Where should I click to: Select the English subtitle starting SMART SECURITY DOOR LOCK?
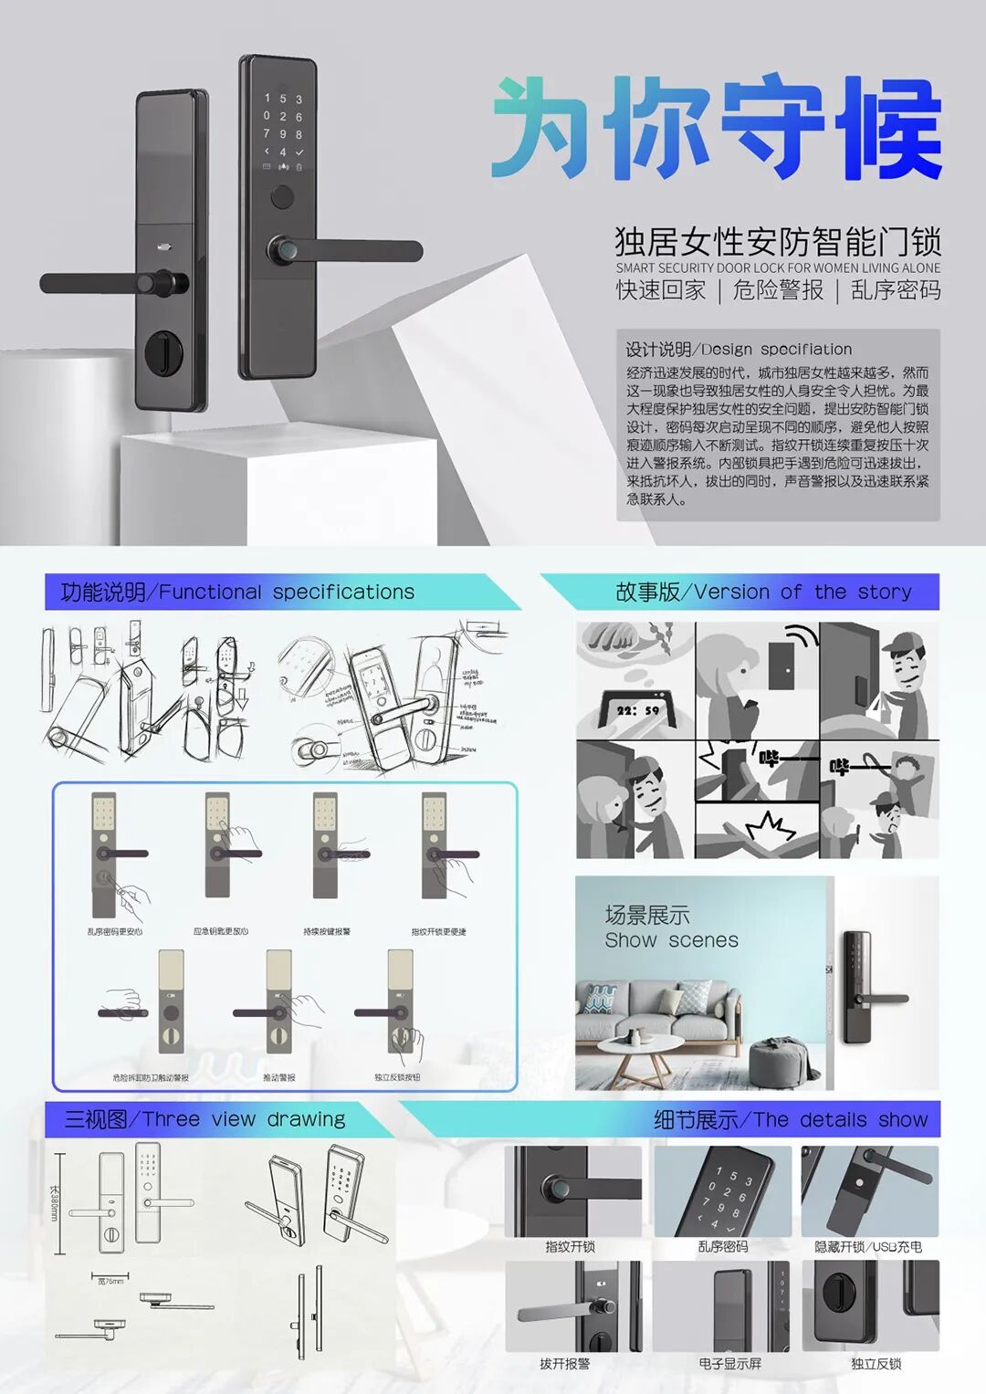777,267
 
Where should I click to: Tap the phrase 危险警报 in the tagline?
778,290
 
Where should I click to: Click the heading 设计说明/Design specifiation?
738,349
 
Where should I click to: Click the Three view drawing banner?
205,1119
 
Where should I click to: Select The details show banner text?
790,1120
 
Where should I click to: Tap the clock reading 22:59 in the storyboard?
637,709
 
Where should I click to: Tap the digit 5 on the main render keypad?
283,99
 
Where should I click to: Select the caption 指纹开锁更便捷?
438,932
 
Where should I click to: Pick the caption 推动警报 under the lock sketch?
279,1077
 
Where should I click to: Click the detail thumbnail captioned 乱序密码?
722,1192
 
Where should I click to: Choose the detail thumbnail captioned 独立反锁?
870,1306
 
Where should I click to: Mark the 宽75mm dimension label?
110,1282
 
